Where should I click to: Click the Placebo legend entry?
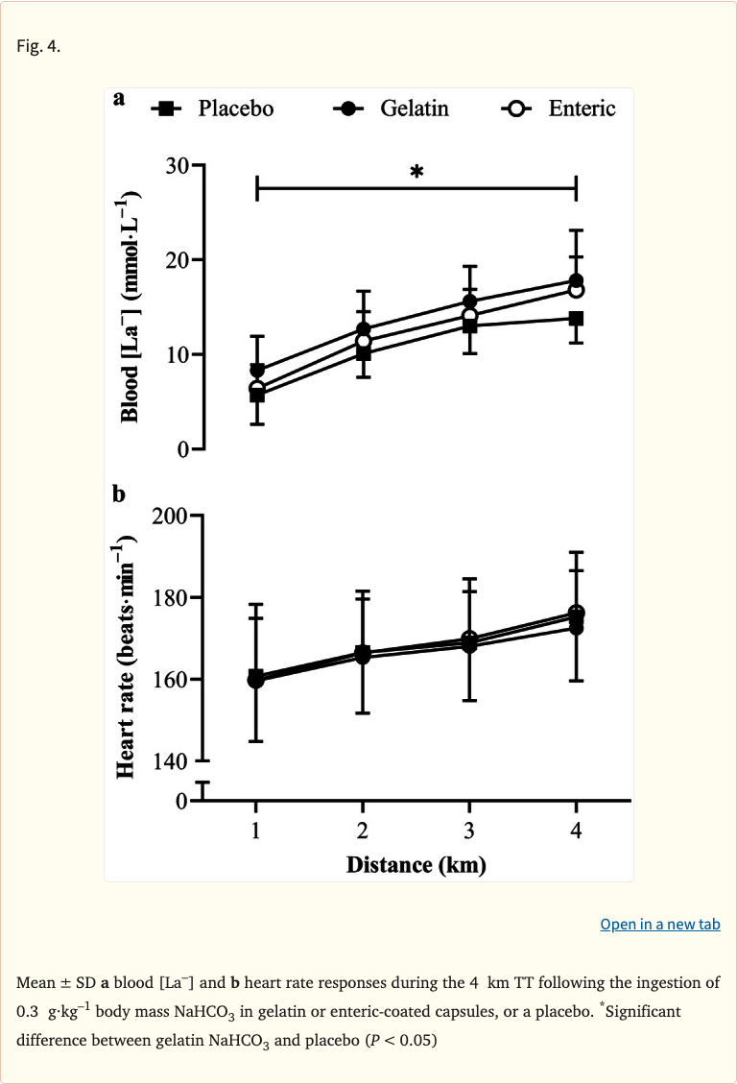click(213, 108)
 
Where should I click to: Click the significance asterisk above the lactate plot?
click(416, 173)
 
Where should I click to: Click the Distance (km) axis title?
click(416, 865)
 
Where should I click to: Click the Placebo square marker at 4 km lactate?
click(576, 318)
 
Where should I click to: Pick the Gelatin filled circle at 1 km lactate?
click(257, 370)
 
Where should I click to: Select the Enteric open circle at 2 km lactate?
click(363, 341)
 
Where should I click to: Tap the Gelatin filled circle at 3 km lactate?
click(469, 301)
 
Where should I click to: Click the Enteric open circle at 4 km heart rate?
click(576, 613)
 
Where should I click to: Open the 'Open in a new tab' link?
click(659, 925)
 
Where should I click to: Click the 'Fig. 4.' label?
click(38, 47)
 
